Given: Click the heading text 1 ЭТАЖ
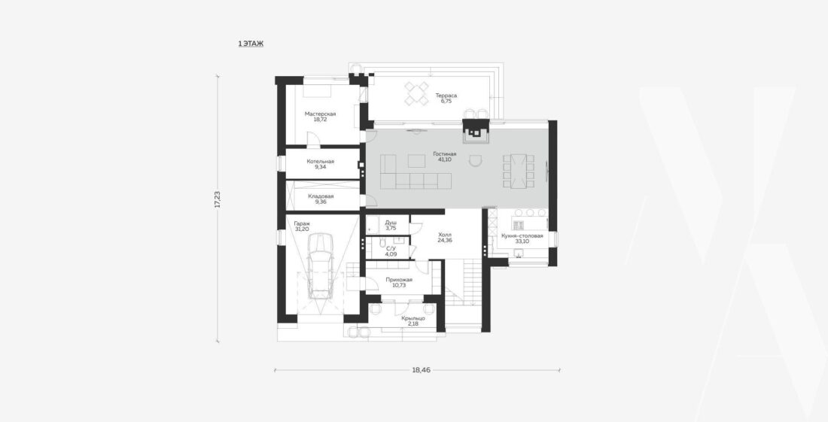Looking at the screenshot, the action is (251, 44).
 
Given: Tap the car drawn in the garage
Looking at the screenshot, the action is (319, 266).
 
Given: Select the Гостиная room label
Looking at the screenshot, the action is (445, 154).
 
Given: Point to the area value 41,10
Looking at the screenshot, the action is (445, 159).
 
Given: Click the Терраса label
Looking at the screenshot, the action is (446, 96).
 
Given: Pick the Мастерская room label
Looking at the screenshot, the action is (321, 114).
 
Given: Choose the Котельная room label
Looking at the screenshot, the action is (321, 162).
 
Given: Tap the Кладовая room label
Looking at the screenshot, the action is (321, 196).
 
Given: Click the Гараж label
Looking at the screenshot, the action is (302, 223).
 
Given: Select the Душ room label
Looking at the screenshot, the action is (391, 223).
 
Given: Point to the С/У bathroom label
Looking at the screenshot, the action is (391, 248).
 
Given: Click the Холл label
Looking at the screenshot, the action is (445, 234).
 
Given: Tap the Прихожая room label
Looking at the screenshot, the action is (399, 280).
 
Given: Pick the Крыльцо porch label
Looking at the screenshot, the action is (413, 318).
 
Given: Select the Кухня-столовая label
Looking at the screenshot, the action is (522, 235).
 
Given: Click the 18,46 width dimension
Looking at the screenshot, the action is (421, 370).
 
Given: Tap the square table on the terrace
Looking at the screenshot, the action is (417, 94).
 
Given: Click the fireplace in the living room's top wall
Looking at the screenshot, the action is (476, 131).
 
